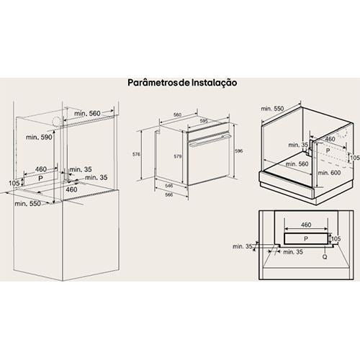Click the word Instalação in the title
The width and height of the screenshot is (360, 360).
[215, 83]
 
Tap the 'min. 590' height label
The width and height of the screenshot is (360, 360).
[39, 137]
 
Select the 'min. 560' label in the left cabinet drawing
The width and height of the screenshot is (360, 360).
[87, 113]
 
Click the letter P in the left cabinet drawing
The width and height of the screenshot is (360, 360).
[40, 179]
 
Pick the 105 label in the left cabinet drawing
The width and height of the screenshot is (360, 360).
[14, 183]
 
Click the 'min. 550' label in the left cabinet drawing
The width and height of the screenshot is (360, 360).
[27, 204]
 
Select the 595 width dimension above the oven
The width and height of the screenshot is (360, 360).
[204, 121]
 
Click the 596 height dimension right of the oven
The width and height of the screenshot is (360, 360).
[239, 151]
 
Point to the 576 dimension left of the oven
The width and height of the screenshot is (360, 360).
[136, 154]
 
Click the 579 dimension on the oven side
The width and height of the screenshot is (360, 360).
[178, 156]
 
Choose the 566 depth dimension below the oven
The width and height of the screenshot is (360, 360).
[169, 194]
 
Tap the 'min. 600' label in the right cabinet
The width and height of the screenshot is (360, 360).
[329, 173]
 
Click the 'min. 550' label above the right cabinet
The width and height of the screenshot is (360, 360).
[272, 109]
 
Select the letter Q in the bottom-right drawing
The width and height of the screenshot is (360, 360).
[325, 257]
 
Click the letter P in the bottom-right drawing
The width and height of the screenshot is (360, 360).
[306, 239]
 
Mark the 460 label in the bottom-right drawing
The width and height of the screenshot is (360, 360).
[306, 225]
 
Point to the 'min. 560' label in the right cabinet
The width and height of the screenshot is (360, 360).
[297, 164]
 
